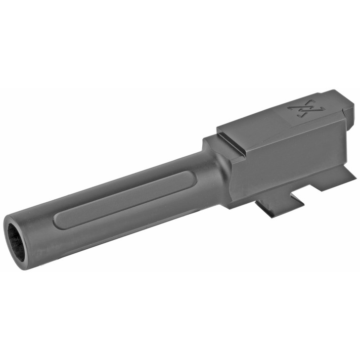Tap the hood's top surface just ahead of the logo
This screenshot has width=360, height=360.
click(267, 119)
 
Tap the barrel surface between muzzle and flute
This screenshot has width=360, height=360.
click(42, 232)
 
